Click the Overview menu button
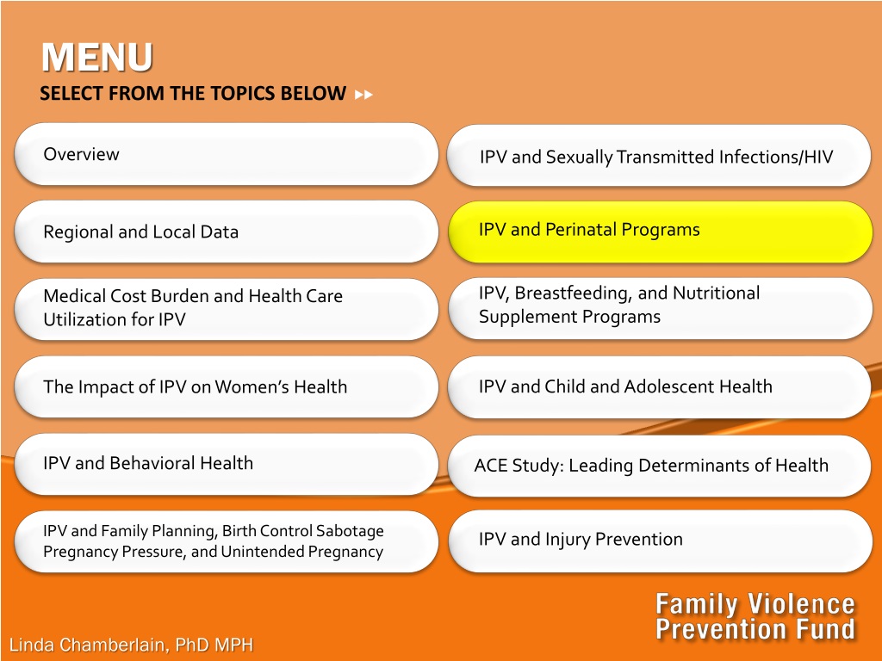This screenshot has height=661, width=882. click(x=227, y=154)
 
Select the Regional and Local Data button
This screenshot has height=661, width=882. click(x=227, y=232)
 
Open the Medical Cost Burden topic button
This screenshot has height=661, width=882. click(x=227, y=309)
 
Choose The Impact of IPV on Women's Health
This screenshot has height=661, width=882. click(x=227, y=386)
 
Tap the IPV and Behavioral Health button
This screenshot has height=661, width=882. click(x=227, y=464)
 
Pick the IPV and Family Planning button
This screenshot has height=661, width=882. click(x=227, y=541)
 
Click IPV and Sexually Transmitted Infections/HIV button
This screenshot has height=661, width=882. click(x=659, y=156)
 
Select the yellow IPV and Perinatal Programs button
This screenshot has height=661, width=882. click(x=660, y=232)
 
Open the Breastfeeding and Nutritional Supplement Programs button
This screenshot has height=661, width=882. click(x=660, y=309)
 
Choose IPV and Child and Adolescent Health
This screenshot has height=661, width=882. click(x=659, y=386)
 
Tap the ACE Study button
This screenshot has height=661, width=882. click(x=659, y=466)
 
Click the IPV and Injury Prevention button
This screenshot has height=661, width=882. click(x=660, y=541)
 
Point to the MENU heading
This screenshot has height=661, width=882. click(x=96, y=57)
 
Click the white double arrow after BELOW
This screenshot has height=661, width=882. click(x=364, y=95)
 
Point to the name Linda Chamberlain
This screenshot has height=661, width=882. click(x=89, y=645)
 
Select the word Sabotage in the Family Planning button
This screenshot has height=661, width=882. click(x=350, y=531)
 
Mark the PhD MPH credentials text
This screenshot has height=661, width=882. click(x=214, y=645)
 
